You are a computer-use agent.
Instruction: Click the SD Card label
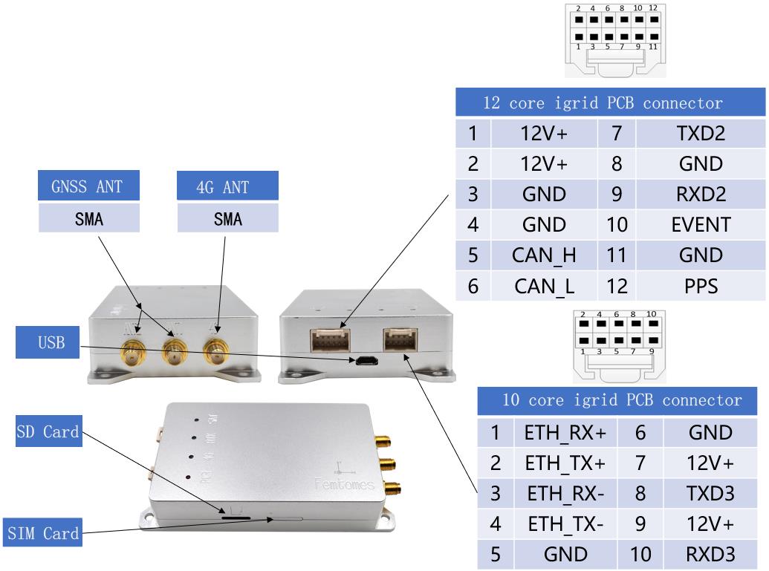click(48, 432)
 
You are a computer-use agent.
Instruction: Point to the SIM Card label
click(43, 533)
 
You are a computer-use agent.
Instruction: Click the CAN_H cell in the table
click(544, 255)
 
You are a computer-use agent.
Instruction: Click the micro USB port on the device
click(364, 362)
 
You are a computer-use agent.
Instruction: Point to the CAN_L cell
click(544, 285)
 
